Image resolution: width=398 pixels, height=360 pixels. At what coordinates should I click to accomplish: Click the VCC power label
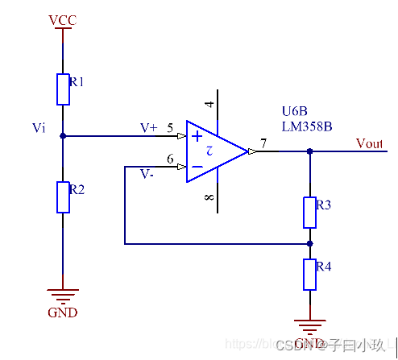click(62, 20)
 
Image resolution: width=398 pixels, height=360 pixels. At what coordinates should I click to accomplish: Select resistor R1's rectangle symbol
click(63, 89)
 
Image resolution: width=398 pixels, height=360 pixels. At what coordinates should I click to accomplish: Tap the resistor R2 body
click(63, 197)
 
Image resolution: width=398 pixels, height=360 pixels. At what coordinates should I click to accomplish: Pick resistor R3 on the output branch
click(309, 212)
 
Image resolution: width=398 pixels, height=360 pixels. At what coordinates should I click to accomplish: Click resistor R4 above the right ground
click(309, 274)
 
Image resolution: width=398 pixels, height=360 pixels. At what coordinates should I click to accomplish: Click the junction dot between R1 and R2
click(63, 136)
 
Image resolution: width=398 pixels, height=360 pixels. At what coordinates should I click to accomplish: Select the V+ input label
click(149, 128)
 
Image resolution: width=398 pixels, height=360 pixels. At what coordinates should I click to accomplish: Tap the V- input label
click(147, 173)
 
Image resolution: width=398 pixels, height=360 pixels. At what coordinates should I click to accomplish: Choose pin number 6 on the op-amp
click(170, 159)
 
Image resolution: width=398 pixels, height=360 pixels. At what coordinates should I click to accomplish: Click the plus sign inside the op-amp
click(197, 137)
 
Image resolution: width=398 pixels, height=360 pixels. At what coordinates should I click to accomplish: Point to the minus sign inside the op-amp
click(197, 167)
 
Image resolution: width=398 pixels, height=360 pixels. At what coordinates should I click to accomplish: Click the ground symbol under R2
click(63, 296)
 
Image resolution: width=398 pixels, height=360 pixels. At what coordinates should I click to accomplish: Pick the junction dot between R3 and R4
click(309, 242)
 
